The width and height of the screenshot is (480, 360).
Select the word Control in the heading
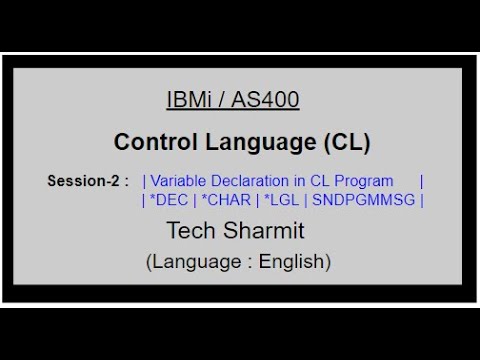[x=152, y=142]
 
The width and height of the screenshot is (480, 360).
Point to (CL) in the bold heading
[x=346, y=142]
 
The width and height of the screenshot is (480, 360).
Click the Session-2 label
[x=88, y=181]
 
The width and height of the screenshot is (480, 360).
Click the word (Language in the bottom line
[x=191, y=262]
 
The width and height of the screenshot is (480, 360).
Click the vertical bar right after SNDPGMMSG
[x=422, y=199]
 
